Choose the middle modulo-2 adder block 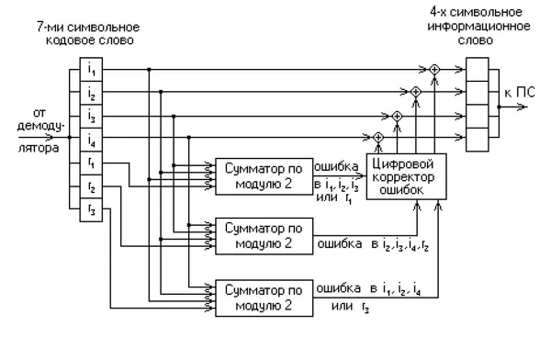coord(263,236)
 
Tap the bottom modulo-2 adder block coord(263,297)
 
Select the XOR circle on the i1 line coord(434,69)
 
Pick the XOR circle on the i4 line coord(378,139)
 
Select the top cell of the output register coord(480,69)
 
